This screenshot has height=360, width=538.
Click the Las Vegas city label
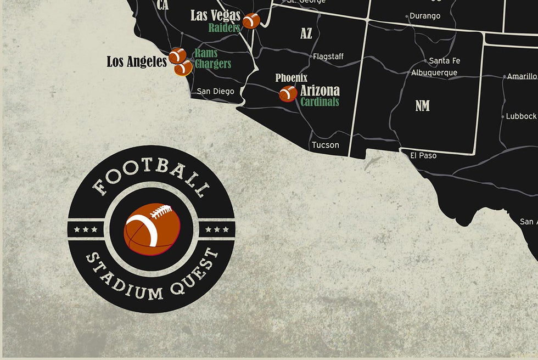click(215, 15)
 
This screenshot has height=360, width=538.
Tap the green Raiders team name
click(224, 27)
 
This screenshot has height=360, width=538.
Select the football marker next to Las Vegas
click(251, 21)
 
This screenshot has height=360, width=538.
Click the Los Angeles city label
click(137, 61)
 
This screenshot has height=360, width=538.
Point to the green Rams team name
click(206, 53)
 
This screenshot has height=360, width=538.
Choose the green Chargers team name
click(212, 64)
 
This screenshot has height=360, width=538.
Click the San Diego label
click(215, 91)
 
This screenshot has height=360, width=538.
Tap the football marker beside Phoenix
click(288, 94)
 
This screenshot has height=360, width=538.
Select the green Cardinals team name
click(320, 102)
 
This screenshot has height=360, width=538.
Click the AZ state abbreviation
click(306, 33)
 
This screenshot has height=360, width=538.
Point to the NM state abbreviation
click(422, 105)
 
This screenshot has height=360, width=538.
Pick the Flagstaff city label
click(328, 57)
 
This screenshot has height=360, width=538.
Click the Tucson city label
click(325, 145)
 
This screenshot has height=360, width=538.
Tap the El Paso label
click(423, 155)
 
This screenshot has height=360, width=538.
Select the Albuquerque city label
click(434, 72)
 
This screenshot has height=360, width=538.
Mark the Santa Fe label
click(444, 60)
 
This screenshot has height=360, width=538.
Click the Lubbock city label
click(520, 116)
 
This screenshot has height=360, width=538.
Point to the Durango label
click(425, 16)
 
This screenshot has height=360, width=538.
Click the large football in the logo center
click(152, 229)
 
